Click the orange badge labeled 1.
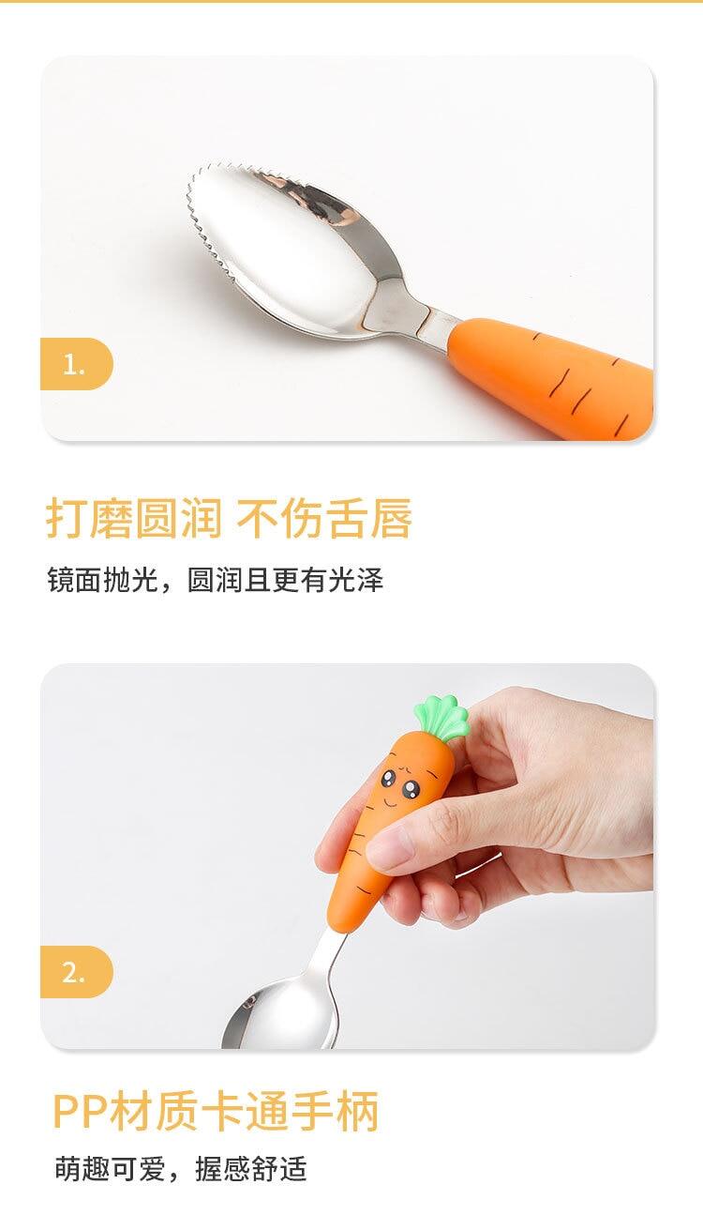point(76,364)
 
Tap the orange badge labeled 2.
point(76,972)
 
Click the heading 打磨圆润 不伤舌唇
point(229,518)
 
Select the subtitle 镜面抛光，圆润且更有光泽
point(216,579)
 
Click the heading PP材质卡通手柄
point(216,1112)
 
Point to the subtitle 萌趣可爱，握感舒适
point(181,1168)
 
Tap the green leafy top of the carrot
point(442,718)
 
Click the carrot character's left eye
point(389,777)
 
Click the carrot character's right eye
point(411,788)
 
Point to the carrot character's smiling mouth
point(390,802)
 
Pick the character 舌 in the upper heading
point(346,518)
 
